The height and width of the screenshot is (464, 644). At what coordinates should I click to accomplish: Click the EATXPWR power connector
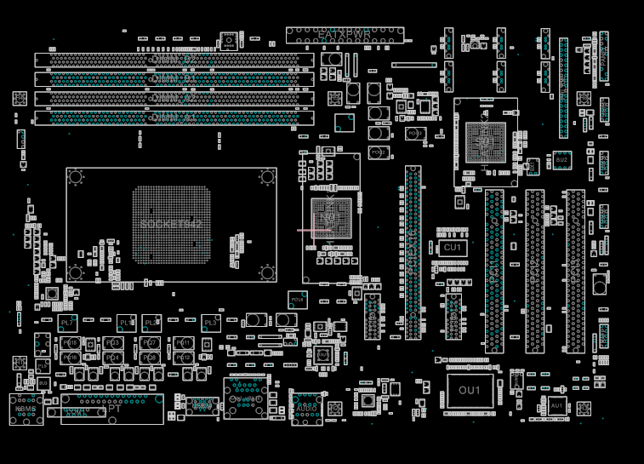point(345,35)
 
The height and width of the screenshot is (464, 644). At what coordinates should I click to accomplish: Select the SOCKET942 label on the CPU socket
point(171,223)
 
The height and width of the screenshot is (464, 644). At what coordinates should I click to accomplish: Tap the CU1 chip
point(452,247)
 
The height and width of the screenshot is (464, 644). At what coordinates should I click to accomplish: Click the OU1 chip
point(470,390)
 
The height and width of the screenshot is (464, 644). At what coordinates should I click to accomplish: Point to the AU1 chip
point(556,406)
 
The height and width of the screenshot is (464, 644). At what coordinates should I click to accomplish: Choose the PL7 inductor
point(68,324)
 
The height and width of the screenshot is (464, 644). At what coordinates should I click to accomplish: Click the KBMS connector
point(26,410)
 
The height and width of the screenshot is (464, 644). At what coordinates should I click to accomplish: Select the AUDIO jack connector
point(306,409)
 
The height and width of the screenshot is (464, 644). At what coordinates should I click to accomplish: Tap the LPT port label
point(113,410)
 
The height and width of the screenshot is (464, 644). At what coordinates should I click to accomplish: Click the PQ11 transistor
point(184,342)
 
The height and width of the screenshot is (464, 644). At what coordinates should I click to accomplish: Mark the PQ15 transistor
point(71,358)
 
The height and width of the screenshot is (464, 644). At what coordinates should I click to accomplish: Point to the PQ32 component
point(379,152)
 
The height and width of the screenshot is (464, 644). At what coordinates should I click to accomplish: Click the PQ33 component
point(414,134)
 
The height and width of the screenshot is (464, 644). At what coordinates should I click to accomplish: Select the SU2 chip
point(561,159)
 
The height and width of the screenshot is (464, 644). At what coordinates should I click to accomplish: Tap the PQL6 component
point(297,300)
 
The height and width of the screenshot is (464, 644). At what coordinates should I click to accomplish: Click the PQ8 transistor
point(151,358)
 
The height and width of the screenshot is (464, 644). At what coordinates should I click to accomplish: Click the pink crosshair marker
point(315,230)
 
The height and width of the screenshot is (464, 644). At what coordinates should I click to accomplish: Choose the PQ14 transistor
point(113,358)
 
